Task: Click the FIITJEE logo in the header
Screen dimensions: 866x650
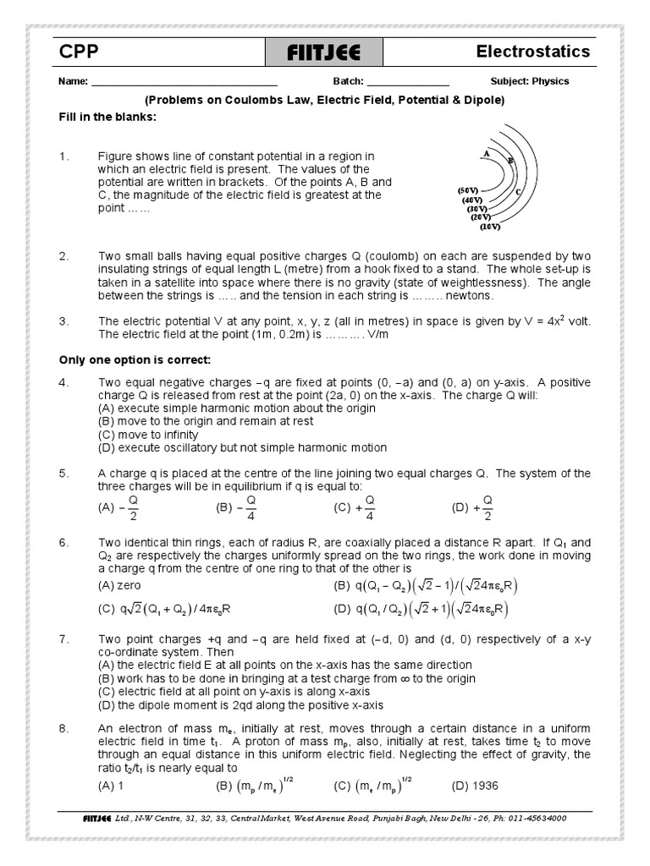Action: point(325,53)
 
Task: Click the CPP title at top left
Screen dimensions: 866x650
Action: point(79,52)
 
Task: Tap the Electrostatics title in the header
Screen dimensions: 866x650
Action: point(532,52)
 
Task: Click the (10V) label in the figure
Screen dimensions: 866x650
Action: point(490,227)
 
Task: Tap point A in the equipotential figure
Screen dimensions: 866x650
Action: point(487,153)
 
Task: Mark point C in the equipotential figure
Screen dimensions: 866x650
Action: point(517,192)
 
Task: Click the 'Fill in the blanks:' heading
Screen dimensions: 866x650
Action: point(107,117)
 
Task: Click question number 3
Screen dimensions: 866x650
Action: point(63,321)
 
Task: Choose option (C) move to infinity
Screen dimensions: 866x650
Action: point(147,436)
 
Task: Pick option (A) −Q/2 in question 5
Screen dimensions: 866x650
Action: point(118,509)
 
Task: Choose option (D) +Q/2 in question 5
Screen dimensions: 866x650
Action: point(472,509)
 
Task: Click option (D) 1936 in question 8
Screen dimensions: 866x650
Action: point(476,786)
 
